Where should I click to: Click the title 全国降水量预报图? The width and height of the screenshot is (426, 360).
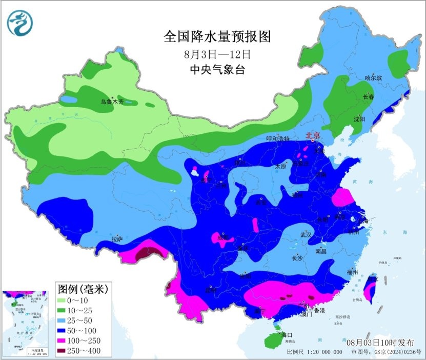tap(216, 37)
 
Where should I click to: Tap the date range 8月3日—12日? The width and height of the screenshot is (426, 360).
tap(217, 53)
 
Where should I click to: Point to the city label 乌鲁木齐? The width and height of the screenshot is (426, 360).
tap(112, 102)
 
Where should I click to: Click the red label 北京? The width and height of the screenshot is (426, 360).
tap(313, 136)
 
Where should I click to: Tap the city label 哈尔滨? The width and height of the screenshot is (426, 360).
tap(374, 78)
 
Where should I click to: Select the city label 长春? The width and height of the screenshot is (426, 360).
tap(369, 97)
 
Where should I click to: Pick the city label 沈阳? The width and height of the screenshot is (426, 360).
tap(359, 119)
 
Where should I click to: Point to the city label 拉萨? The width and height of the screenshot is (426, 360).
tap(117, 238)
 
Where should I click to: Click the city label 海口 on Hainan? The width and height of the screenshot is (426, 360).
tap(286, 334)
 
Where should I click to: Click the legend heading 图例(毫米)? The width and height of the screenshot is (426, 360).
tap(83, 288)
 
